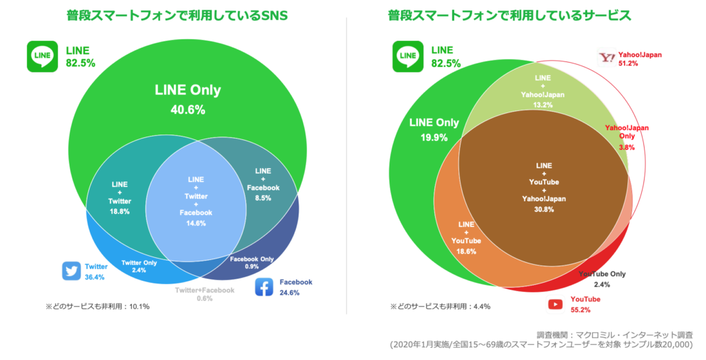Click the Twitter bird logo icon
click(71, 271)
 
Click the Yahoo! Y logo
click(606, 59)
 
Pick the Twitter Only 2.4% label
click(139, 267)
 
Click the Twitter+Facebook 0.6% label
click(204, 294)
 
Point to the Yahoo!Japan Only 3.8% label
click(627, 137)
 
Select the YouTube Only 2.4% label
click(602, 279)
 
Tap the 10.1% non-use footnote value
click(139, 306)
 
